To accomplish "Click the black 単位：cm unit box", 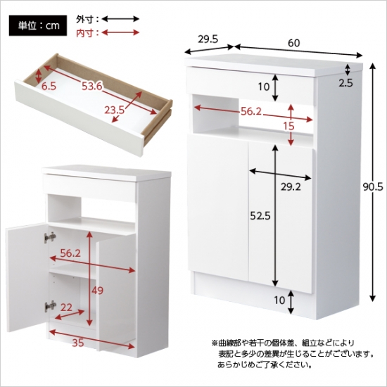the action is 38,25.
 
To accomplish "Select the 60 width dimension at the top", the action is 293,43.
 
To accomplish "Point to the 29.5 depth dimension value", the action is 208,39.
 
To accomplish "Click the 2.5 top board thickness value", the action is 345,83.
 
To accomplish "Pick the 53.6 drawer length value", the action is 92,86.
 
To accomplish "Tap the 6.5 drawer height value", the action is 49,86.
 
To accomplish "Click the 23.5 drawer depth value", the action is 115,110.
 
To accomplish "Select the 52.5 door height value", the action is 260,216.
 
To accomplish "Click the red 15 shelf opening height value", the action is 288,126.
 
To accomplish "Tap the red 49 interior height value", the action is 97,291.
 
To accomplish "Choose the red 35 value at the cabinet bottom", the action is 78,343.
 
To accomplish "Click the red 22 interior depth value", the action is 66,307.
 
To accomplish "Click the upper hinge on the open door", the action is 50,237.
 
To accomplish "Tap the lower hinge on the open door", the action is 50,307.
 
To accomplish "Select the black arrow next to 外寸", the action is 121,19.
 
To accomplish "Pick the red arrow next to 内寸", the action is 121,32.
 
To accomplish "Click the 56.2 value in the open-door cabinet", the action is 70,253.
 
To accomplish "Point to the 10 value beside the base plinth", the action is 279,300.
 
